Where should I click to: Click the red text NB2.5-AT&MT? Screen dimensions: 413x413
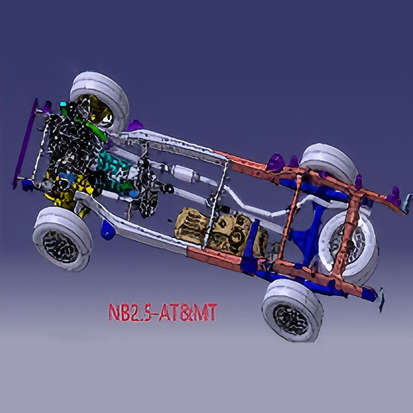(x=162, y=313)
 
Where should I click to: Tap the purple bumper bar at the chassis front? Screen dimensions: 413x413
(x=25, y=144)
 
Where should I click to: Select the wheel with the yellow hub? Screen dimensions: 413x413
(x=100, y=101)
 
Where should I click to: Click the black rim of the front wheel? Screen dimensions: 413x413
(x=61, y=247)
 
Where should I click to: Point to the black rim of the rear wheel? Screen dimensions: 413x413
(x=290, y=319)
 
